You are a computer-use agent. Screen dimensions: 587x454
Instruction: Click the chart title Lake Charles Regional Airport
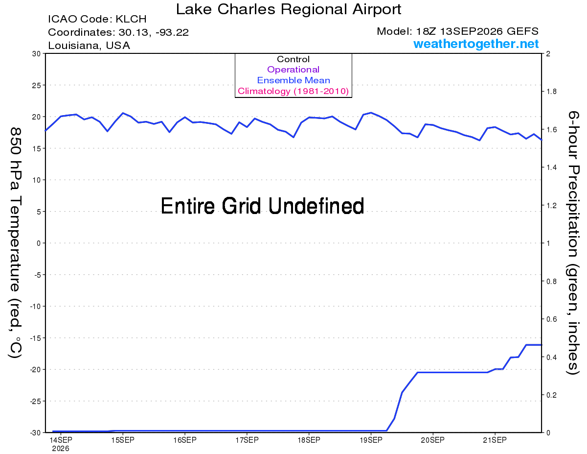tap(289, 9)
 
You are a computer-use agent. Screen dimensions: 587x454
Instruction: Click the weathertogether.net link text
tap(476, 44)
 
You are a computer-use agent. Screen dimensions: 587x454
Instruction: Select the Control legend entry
tap(293, 59)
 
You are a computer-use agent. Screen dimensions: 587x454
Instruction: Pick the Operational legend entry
tap(293, 70)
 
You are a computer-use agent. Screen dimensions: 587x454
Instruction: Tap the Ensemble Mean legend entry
tap(293, 80)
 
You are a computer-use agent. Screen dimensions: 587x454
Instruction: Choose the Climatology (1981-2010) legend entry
tap(293, 91)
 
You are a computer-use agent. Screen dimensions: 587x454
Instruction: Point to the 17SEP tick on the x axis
tap(247, 440)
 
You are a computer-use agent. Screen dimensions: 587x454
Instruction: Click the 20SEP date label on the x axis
tap(432, 440)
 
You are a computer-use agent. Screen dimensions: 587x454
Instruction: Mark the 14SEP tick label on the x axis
tap(61, 440)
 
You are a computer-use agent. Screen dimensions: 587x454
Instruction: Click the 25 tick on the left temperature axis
tap(36, 85)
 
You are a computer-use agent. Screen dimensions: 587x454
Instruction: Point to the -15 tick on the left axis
tap(35, 338)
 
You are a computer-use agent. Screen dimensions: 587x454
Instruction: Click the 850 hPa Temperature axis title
tap(15, 243)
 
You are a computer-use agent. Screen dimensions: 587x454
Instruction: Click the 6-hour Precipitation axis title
tap(573, 242)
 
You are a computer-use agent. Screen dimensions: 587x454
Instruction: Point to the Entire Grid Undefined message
tap(262, 206)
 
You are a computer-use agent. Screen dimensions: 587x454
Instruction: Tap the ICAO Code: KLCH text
tap(97, 19)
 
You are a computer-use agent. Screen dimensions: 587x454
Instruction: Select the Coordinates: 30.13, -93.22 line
tap(118, 32)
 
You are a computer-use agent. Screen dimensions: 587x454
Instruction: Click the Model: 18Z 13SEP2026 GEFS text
tap(457, 31)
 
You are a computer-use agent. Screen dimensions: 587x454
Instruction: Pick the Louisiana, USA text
tap(89, 46)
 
